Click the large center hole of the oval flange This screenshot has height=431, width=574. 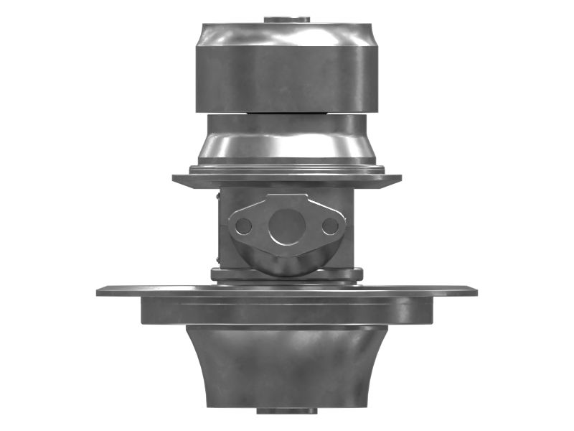pyautogui.click(x=287, y=226)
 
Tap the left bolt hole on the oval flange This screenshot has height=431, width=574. pyautogui.click(x=244, y=226)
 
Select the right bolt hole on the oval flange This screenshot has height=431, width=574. pyautogui.click(x=330, y=226)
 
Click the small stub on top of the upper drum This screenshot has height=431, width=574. pyautogui.click(x=287, y=19)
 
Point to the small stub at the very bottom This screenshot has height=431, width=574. pyautogui.click(x=287, y=411)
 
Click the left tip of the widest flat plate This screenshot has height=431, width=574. pyautogui.click(x=100, y=291)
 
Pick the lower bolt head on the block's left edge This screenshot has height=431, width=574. pyautogui.click(x=217, y=255)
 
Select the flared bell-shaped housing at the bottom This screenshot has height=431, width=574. pyautogui.click(x=287, y=366)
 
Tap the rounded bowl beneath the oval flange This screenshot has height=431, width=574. pyautogui.click(x=287, y=263)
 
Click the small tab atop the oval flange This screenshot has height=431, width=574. pyautogui.click(x=287, y=198)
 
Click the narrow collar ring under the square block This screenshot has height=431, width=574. pyautogui.click(x=287, y=274)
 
